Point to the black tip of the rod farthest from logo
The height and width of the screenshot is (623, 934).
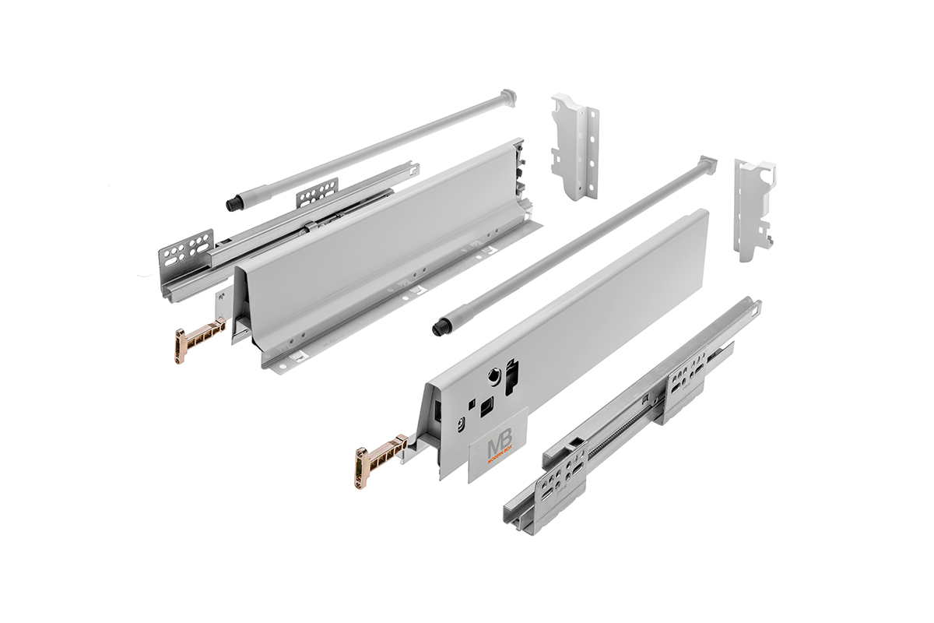233,205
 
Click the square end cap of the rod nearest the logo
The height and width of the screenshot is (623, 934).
706,165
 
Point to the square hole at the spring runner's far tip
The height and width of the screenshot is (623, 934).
754,307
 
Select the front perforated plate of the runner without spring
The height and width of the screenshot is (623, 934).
188,248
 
